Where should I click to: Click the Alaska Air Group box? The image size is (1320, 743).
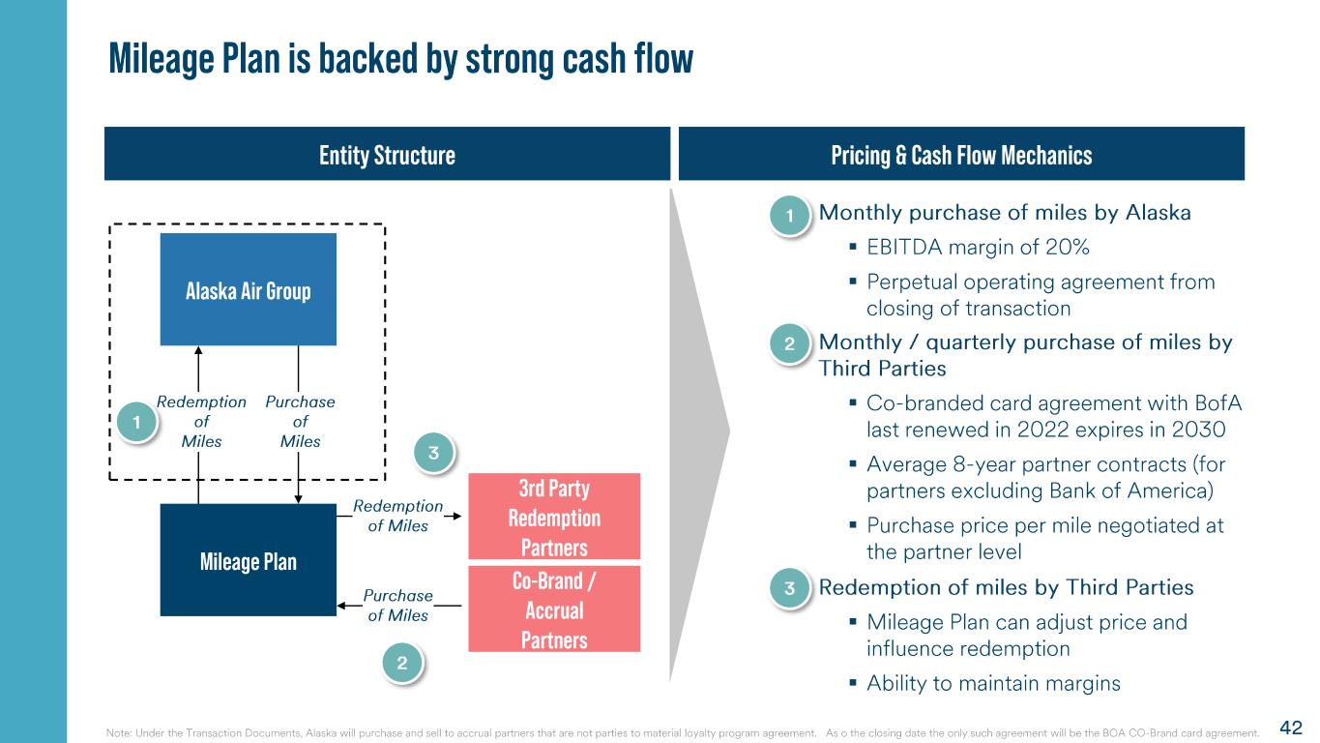click(249, 289)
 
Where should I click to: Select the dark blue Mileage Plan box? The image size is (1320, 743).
click(249, 559)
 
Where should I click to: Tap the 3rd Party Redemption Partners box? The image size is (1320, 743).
click(554, 516)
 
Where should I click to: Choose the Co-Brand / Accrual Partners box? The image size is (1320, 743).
click(554, 609)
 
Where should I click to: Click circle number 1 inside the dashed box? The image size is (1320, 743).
click(136, 422)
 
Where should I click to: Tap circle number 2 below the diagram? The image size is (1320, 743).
click(402, 663)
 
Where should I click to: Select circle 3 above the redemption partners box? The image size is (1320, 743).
click(433, 453)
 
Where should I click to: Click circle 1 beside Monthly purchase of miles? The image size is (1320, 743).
click(790, 215)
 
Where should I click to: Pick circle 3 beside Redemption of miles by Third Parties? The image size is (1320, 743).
click(790, 588)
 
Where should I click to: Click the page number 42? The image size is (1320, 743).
click(1291, 728)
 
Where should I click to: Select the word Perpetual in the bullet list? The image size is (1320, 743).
click(912, 282)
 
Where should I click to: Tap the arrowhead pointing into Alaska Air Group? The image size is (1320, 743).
click(198, 350)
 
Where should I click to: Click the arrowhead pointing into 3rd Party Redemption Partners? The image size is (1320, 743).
click(456, 516)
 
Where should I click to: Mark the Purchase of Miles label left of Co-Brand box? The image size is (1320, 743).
click(397, 605)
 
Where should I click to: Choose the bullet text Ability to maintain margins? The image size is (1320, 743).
click(993, 683)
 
